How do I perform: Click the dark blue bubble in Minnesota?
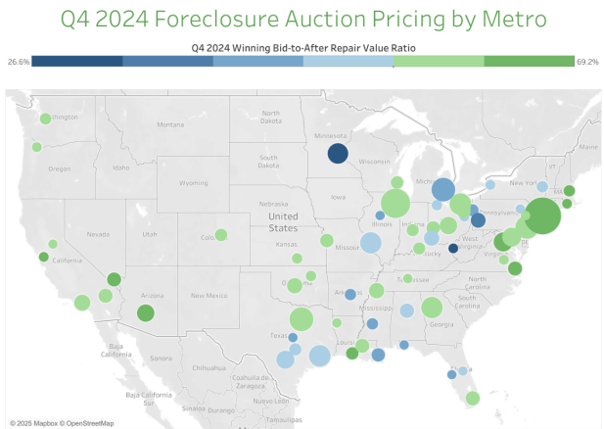click(x=338, y=153)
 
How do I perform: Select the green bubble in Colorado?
click(x=221, y=235)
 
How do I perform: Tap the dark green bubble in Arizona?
click(x=146, y=313)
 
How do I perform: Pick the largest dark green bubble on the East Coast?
click(x=542, y=215)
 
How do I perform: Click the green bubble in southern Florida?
click(x=473, y=398)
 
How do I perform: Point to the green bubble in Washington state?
click(x=44, y=119)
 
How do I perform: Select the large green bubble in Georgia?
click(x=432, y=308)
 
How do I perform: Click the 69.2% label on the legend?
click(x=588, y=62)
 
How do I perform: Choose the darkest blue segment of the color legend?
click(x=77, y=62)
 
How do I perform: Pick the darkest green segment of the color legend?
click(x=529, y=62)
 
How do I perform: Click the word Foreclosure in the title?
click(x=247, y=20)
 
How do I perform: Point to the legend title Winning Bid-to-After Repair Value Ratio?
click(x=303, y=46)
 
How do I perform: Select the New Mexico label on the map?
click(x=210, y=295)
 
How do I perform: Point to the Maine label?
click(x=588, y=147)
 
